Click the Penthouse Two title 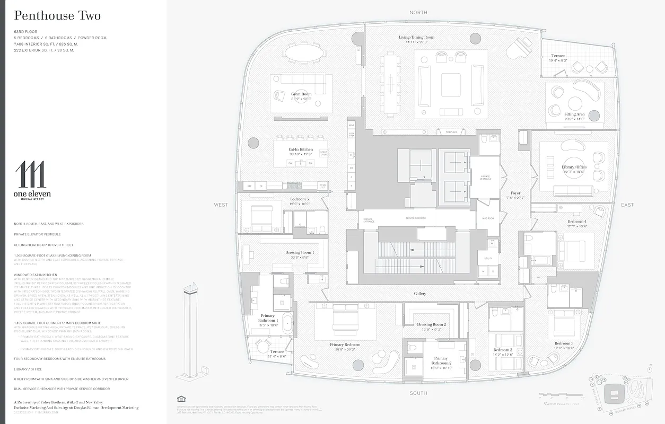click(x=57, y=16)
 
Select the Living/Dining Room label click(x=416, y=37)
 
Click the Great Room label click(x=301, y=94)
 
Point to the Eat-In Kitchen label click(x=301, y=149)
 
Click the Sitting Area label click(x=574, y=114)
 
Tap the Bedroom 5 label click(x=299, y=199)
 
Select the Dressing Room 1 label click(x=300, y=252)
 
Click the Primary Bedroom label click(x=345, y=344)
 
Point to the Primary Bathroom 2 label click(x=441, y=361)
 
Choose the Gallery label click(x=420, y=293)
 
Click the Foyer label click(x=515, y=193)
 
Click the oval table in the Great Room click(x=305, y=52)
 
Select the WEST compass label click(x=221, y=205)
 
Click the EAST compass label click(x=627, y=205)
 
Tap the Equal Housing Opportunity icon click(x=180, y=399)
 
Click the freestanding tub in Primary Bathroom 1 click(x=287, y=323)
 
